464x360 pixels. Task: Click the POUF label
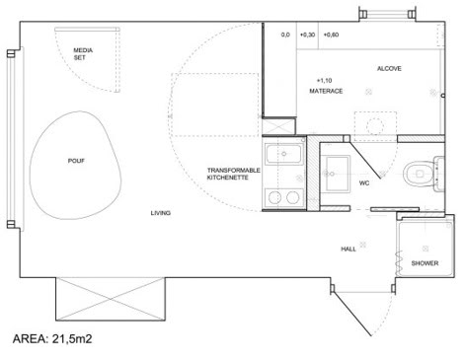(76, 161)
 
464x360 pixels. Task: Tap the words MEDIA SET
(83, 54)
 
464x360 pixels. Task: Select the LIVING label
(161, 213)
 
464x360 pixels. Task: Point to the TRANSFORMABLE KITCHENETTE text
(233, 174)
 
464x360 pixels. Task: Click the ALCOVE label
(389, 68)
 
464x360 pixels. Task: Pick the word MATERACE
(326, 91)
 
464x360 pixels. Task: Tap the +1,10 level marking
(324, 80)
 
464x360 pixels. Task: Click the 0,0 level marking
(285, 35)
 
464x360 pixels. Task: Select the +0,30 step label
(307, 35)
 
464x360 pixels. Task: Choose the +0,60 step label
(331, 35)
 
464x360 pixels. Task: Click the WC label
(364, 182)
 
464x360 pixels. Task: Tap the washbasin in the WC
(338, 174)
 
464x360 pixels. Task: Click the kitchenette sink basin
(283, 154)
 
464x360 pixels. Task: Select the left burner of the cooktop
(274, 197)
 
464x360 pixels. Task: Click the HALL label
(348, 249)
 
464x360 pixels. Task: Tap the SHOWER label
(425, 263)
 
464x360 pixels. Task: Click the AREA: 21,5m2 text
(52, 338)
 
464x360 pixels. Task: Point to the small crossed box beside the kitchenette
(278, 126)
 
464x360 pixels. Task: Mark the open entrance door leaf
(352, 314)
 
